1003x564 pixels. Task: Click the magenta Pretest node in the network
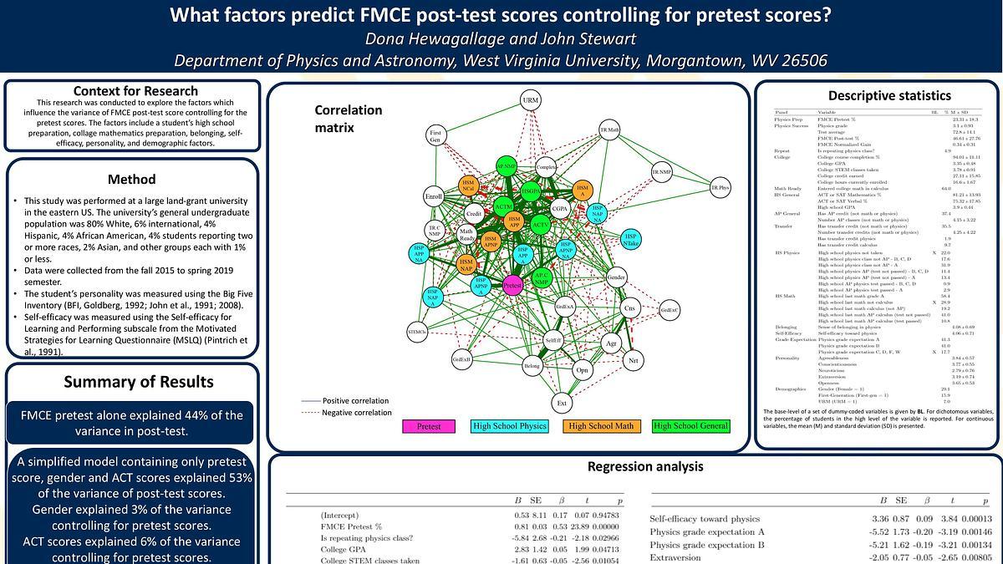click(513, 286)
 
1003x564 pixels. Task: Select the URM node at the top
click(531, 100)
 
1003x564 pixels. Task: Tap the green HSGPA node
click(529, 191)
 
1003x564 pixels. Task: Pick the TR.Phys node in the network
click(720, 188)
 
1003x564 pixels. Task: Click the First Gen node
click(435, 135)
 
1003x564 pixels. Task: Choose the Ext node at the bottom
click(562, 404)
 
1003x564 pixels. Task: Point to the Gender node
click(616, 277)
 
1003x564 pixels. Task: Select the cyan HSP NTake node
click(632, 240)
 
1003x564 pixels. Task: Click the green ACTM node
click(503, 206)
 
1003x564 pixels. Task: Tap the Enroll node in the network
click(433, 197)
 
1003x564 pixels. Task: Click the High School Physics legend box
click(509, 426)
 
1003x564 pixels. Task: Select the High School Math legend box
click(601, 426)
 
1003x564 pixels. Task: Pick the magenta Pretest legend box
click(429, 426)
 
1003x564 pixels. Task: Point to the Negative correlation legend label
click(357, 413)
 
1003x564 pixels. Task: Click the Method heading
click(131, 179)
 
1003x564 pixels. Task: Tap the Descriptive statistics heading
click(877, 95)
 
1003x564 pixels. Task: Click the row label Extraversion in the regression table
click(679, 556)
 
